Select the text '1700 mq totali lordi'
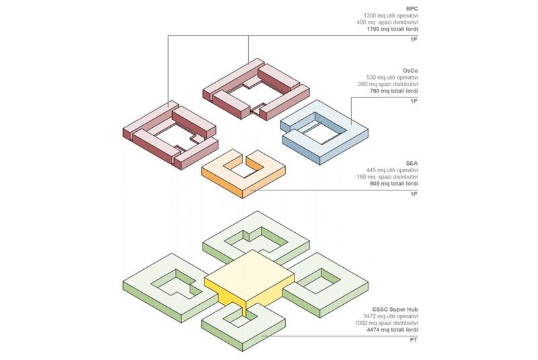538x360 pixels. point(393,30)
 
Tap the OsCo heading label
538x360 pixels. point(410,70)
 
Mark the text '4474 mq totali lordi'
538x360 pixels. point(393,330)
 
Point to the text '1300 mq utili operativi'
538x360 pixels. point(391,15)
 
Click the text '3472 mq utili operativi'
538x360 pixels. point(391,316)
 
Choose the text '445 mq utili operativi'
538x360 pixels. point(393,170)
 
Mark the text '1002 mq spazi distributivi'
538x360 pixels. point(388,324)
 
